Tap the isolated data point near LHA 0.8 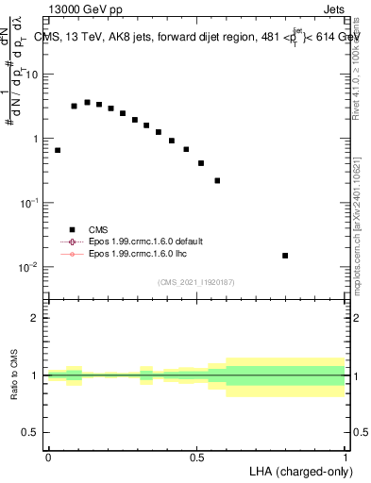(285, 256)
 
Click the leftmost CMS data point (58, 150)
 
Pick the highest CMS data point (88, 102)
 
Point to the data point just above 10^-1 (217, 180)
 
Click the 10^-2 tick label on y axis (28, 267)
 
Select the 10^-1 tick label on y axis (28, 203)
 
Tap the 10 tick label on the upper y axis (32, 75)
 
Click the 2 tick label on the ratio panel (36, 318)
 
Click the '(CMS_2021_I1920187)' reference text (196, 281)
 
